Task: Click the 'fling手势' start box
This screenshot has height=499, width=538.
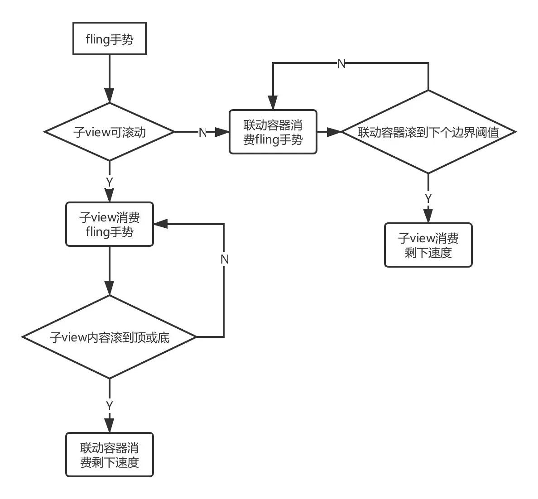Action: pos(110,38)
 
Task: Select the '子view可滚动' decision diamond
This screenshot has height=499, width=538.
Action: pos(110,132)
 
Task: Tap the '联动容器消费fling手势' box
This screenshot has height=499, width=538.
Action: pos(273,132)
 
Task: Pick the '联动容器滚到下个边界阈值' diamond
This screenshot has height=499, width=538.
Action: pos(428,132)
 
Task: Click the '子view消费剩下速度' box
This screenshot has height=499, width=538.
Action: pos(428,245)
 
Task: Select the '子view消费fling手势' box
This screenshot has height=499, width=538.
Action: pos(110,224)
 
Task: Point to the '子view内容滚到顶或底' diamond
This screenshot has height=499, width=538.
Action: pos(110,337)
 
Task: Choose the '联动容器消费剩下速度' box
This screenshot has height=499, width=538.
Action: pos(110,455)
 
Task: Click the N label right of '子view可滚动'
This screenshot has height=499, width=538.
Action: pos(203,132)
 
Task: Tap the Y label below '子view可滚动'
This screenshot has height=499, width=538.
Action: pos(110,182)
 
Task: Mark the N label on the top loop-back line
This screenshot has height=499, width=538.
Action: pos(341,63)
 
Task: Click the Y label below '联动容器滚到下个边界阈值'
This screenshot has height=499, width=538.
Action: pos(428,198)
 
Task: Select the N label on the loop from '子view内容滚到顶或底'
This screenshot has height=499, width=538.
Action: pos(225,259)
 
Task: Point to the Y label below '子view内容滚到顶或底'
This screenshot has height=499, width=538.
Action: pos(110,406)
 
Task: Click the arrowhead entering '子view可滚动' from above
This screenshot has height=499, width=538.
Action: pos(110,96)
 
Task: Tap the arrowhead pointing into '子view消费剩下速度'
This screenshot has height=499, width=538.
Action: pos(428,216)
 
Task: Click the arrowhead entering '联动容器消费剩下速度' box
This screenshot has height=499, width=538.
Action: pos(110,425)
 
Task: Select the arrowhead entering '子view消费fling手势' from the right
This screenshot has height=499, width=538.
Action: pos(161,224)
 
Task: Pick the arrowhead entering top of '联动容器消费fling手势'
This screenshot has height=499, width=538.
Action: pos(273,102)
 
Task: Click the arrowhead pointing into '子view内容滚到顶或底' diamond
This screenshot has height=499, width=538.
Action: pos(110,288)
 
